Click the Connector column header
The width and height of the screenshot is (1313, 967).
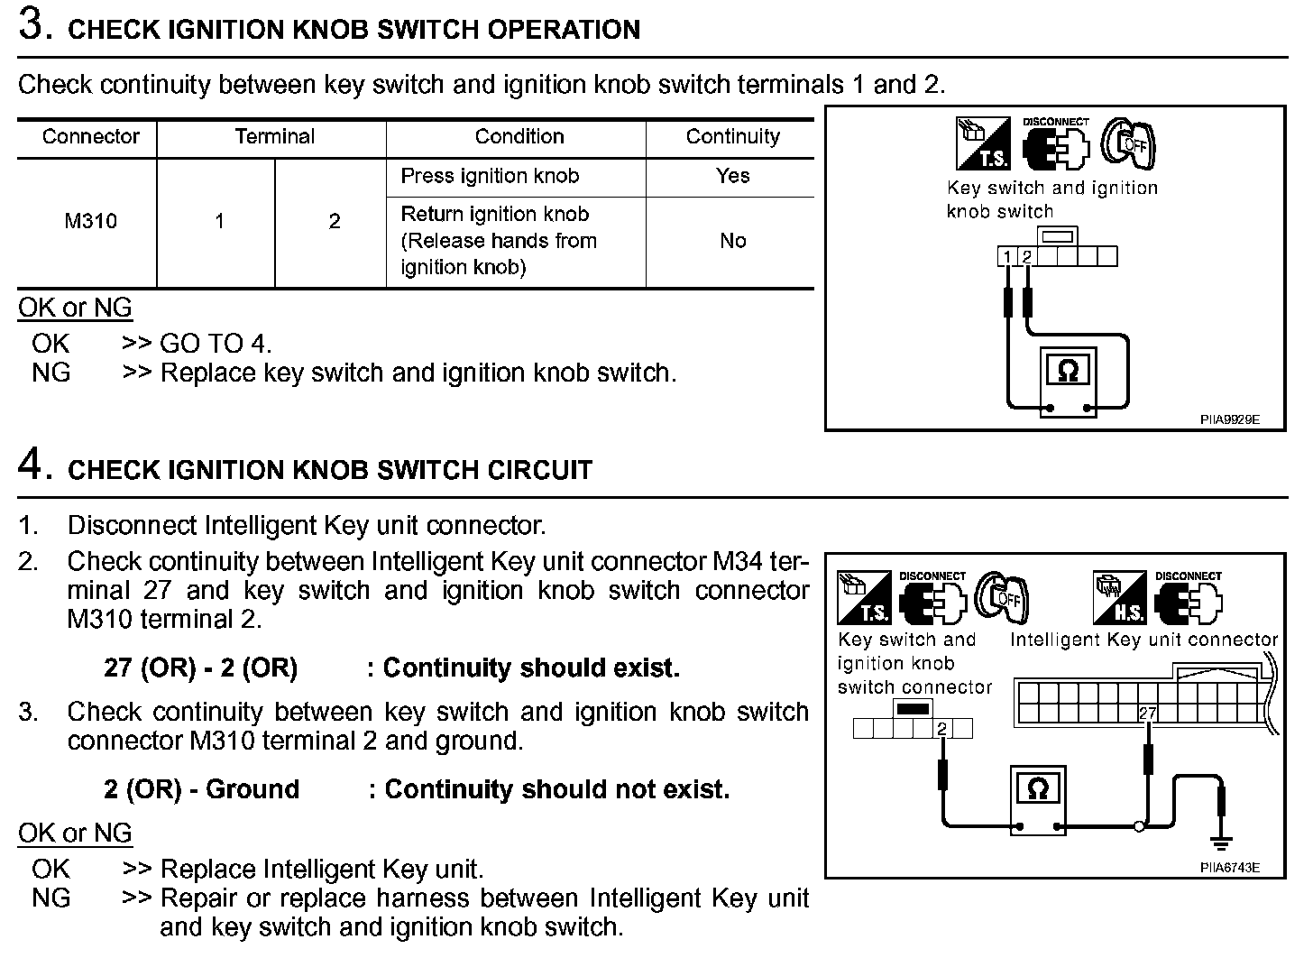pyautogui.click(x=90, y=137)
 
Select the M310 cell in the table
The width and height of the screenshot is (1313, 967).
pyautogui.click(x=90, y=221)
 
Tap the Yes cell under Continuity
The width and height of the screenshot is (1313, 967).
pyautogui.click(x=732, y=176)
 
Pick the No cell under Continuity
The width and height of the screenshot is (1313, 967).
pyautogui.click(x=732, y=241)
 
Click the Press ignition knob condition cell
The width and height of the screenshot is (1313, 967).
pyautogui.click(x=490, y=176)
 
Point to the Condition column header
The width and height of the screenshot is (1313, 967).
pyautogui.click(x=519, y=137)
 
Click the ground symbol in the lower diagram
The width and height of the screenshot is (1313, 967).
pyautogui.click(x=1222, y=844)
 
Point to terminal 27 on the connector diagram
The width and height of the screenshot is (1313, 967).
pyautogui.click(x=1147, y=714)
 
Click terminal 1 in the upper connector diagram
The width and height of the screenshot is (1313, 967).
pyautogui.click(x=1006, y=258)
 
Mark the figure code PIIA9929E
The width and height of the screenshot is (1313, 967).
pyautogui.click(x=1229, y=419)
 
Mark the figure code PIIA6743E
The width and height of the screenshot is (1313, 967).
pyautogui.click(x=1229, y=868)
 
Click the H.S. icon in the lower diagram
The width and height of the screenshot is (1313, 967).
pyautogui.click(x=1119, y=597)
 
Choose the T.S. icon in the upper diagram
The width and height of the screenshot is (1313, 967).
pyautogui.click(x=982, y=144)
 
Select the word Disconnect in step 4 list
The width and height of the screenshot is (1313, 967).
pyautogui.click(x=132, y=525)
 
